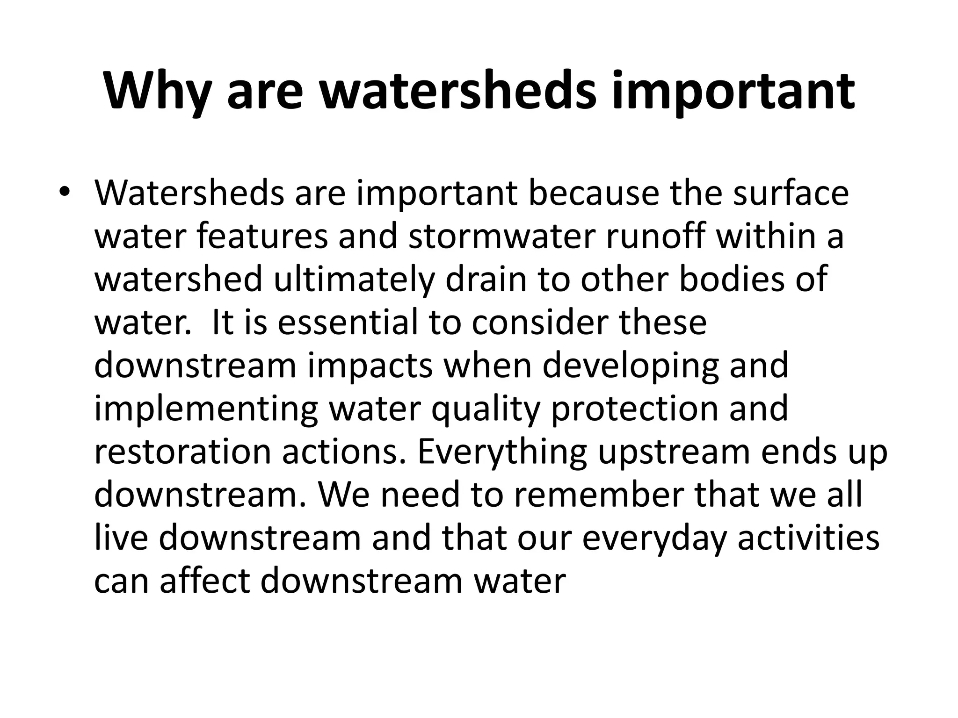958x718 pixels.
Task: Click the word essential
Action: coord(348,323)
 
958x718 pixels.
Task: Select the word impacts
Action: coord(370,366)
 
